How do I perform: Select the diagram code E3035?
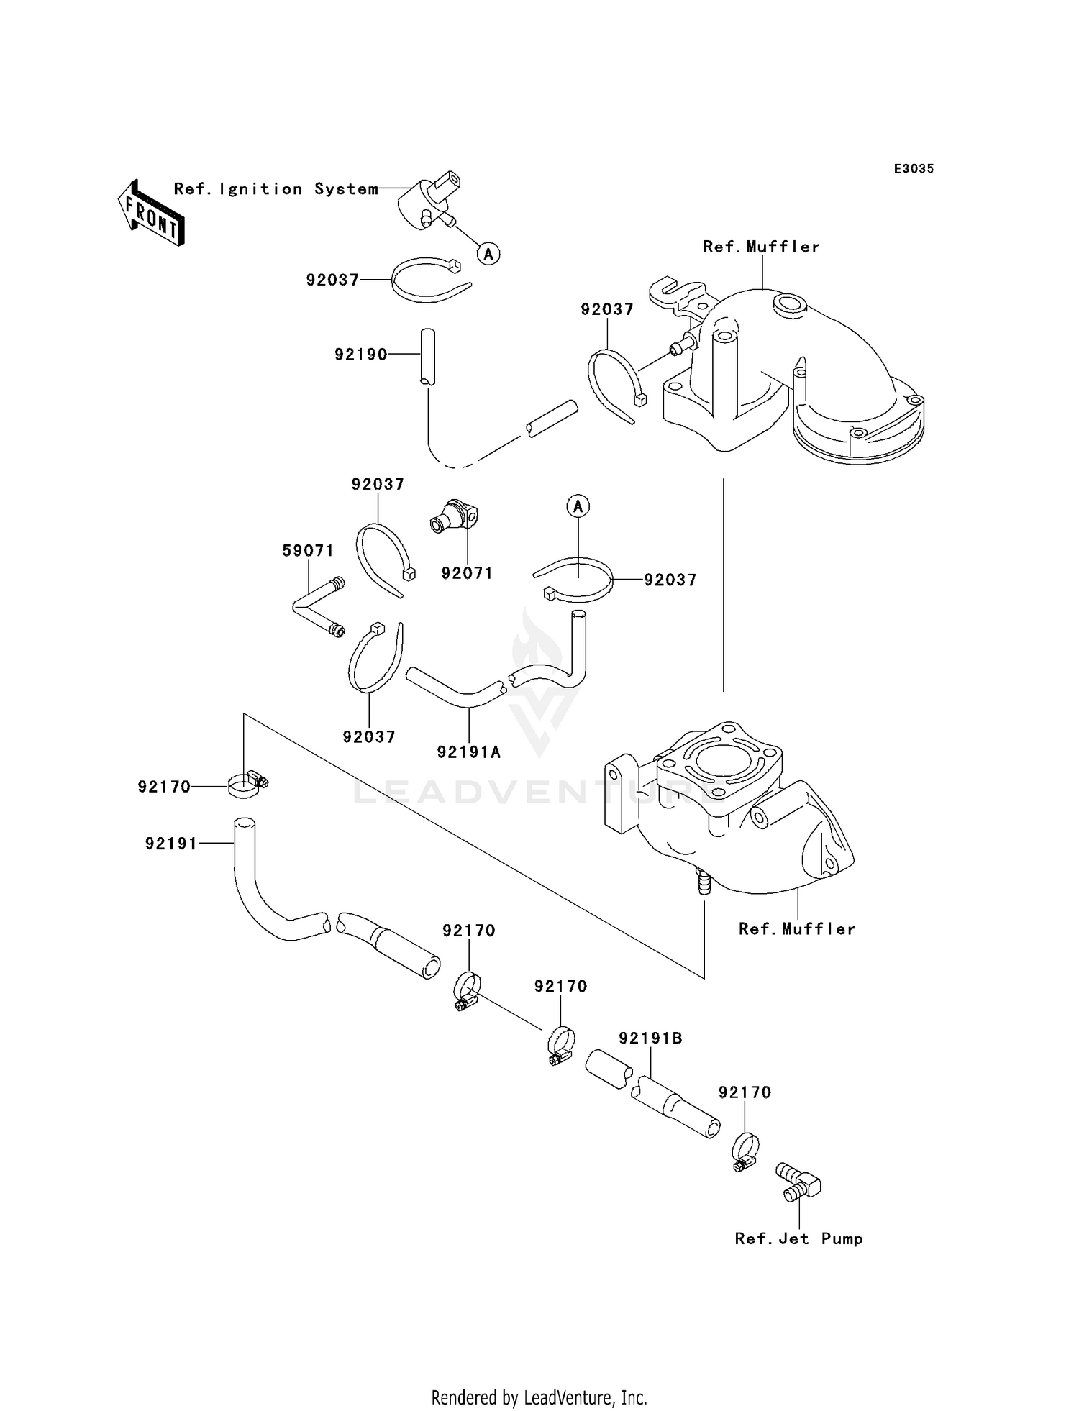(x=914, y=169)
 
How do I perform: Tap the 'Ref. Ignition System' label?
(x=276, y=189)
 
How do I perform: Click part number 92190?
(x=361, y=355)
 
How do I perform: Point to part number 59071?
(x=308, y=551)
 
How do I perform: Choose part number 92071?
(x=467, y=573)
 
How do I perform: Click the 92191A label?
(x=469, y=752)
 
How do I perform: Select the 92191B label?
(x=651, y=1038)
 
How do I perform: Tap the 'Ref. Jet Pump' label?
(x=798, y=1238)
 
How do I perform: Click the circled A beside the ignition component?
(x=489, y=254)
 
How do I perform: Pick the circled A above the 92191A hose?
(x=578, y=506)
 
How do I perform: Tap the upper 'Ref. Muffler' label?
(x=761, y=247)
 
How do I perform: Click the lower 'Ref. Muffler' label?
(x=797, y=928)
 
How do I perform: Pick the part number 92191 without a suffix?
(x=171, y=844)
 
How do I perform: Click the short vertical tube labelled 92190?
(x=428, y=357)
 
